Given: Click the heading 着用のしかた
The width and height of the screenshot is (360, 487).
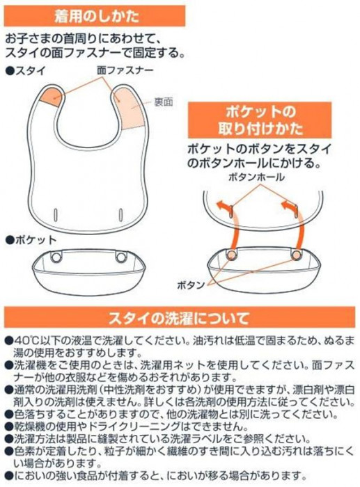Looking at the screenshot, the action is pyautogui.click(x=96, y=16).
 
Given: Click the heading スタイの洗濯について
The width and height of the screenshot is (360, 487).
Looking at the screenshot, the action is pyautogui.click(x=179, y=318).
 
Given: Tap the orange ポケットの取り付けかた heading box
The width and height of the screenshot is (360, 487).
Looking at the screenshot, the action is pyautogui.click(x=260, y=120).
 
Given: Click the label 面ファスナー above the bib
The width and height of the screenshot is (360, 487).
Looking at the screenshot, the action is pyautogui.click(x=125, y=70).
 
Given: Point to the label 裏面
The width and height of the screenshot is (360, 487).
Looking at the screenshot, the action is pyautogui.click(x=164, y=102).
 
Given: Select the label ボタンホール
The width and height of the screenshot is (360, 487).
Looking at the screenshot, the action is pyautogui.click(x=256, y=177).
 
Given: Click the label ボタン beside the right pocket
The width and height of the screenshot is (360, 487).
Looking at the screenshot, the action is pyautogui.click(x=191, y=285).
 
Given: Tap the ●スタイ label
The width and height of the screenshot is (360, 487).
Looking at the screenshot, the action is pyautogui.click(x=26, y=70).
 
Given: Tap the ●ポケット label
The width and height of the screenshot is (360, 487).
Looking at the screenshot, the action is pyautogui.click(x=31, y=240).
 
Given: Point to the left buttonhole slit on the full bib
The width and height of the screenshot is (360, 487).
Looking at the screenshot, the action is pyautogui.click(x=56, y=214).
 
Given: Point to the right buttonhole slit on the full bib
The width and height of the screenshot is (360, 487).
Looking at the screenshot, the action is pyautogui.click(x=120, y=214).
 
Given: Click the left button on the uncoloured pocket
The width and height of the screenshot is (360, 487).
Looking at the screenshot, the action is pyautogui.click(x=56, y=257).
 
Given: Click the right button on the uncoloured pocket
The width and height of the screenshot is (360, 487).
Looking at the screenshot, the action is pyautogui.click(x=120, y=257).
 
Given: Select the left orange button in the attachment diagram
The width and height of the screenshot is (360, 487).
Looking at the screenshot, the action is pyautogui.click(x=231, y=255).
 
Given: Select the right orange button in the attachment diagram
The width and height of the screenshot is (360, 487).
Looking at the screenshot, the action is pyautogui.click(x=296, y=255).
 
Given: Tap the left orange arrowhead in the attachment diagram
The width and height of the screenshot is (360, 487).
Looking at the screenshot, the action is pyautogui.click(x=222, y=206).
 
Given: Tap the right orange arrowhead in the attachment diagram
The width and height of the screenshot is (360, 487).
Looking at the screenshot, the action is pyautogui.click(x=287, y=206).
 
